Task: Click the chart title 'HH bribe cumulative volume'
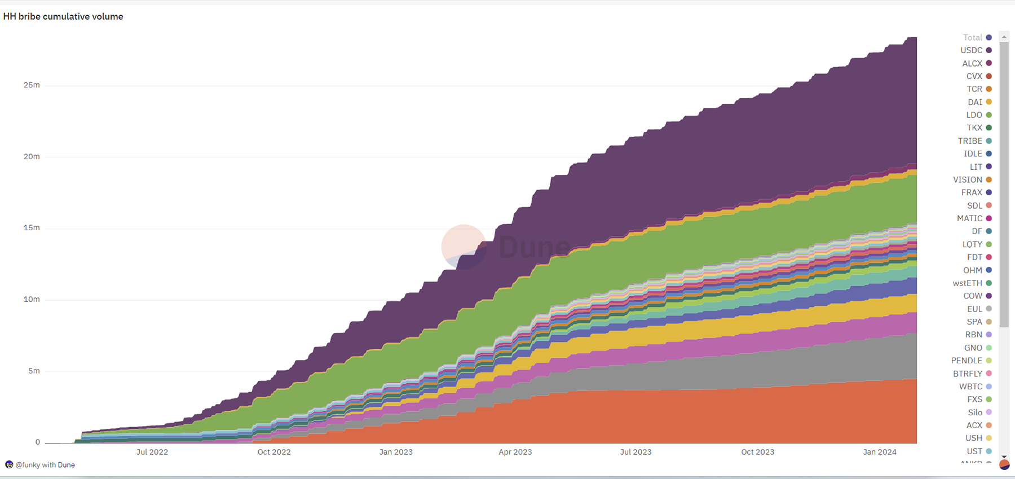(63, 16)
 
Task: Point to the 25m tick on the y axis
(32, 85)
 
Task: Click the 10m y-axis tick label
(32, 300)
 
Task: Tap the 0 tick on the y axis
(38, 442)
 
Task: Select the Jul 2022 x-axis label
(152, 452)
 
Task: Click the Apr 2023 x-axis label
(515, 452)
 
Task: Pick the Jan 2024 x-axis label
(880, 452)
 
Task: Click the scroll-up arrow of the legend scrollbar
(1004, 37)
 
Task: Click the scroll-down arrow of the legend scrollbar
(1004, 456)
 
